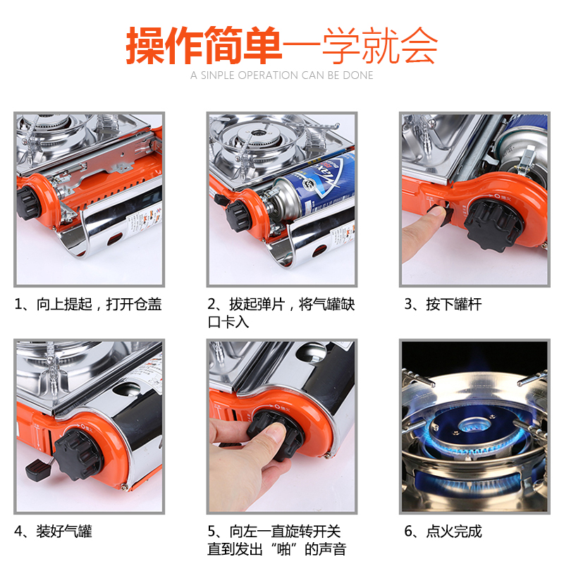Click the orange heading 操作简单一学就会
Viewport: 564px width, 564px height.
[281, 46]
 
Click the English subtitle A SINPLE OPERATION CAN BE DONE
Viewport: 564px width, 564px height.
[281, 75]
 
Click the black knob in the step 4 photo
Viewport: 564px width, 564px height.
[77, 454]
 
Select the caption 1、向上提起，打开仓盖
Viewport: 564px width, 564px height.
[87, 305]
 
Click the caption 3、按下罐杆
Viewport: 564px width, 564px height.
[443, 305]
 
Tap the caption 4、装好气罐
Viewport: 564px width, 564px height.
[53, 532]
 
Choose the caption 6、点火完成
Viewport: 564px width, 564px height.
[443, 532]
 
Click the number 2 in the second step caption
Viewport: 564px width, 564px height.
[211, 305]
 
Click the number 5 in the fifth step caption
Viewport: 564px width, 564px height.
[211, 532]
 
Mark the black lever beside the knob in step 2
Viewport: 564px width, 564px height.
[220, 200]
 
